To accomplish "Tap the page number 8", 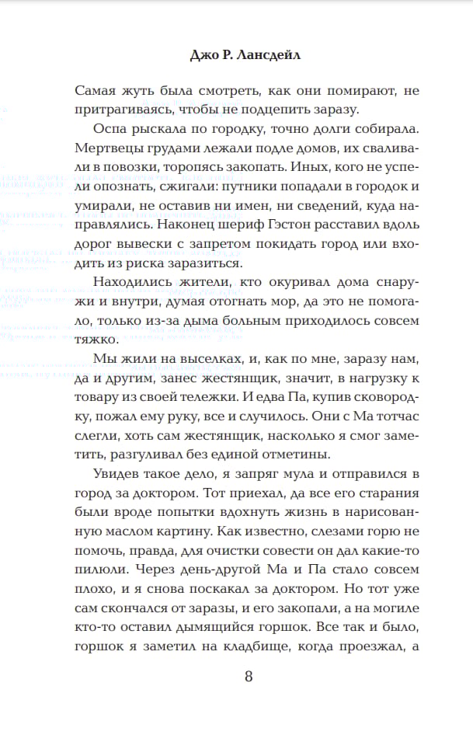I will (x=249, y=676).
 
